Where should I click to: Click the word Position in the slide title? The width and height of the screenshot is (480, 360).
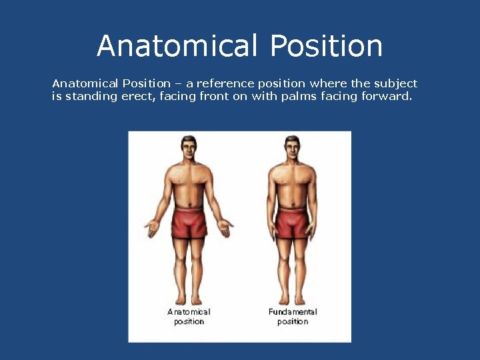(x=327, y=46)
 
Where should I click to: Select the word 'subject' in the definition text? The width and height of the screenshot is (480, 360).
(x=394, y=84)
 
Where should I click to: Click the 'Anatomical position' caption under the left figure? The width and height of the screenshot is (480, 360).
(x=189, y=317)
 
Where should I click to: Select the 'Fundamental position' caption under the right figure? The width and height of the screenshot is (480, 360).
(x=293, y=317)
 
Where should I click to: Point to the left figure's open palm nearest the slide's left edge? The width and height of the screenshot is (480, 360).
(x=151, y=230)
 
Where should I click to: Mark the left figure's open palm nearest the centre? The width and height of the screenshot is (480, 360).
(x=227, y=230)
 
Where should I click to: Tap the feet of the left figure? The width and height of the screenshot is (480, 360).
(x=189, y=299)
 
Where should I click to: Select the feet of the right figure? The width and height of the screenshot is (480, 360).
(x=292, y=299)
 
